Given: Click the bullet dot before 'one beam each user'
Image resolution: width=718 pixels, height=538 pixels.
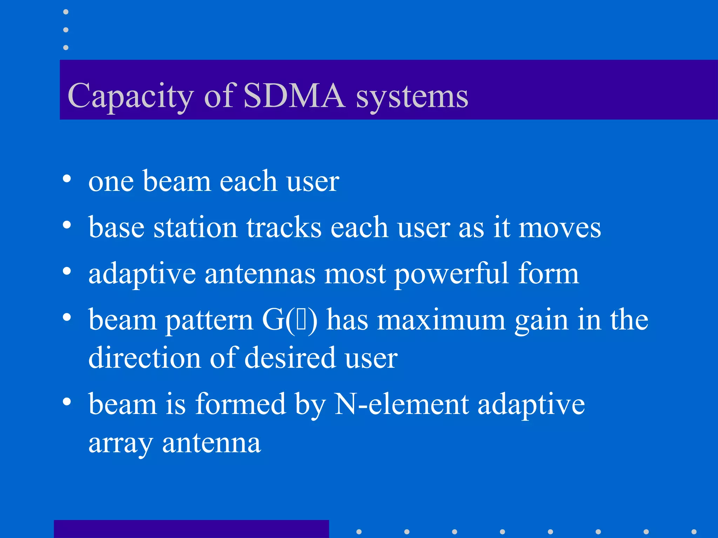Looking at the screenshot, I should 67,179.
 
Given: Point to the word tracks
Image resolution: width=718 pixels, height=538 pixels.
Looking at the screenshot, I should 284,227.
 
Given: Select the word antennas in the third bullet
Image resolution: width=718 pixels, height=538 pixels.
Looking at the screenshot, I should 260,274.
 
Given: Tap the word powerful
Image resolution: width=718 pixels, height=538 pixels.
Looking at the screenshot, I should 452,274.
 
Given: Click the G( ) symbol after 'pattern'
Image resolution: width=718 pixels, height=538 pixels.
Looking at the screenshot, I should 290,319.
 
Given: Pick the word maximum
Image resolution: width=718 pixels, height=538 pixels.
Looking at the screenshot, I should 441,320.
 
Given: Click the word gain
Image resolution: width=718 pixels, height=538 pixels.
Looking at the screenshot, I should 541,321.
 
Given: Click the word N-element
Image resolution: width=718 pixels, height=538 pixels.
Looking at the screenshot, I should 401,404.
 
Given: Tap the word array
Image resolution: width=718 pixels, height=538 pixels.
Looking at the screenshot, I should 120,444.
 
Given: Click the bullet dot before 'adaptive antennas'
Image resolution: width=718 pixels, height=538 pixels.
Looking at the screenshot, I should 67,271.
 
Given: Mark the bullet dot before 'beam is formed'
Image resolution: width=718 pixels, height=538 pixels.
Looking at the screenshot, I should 67,402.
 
